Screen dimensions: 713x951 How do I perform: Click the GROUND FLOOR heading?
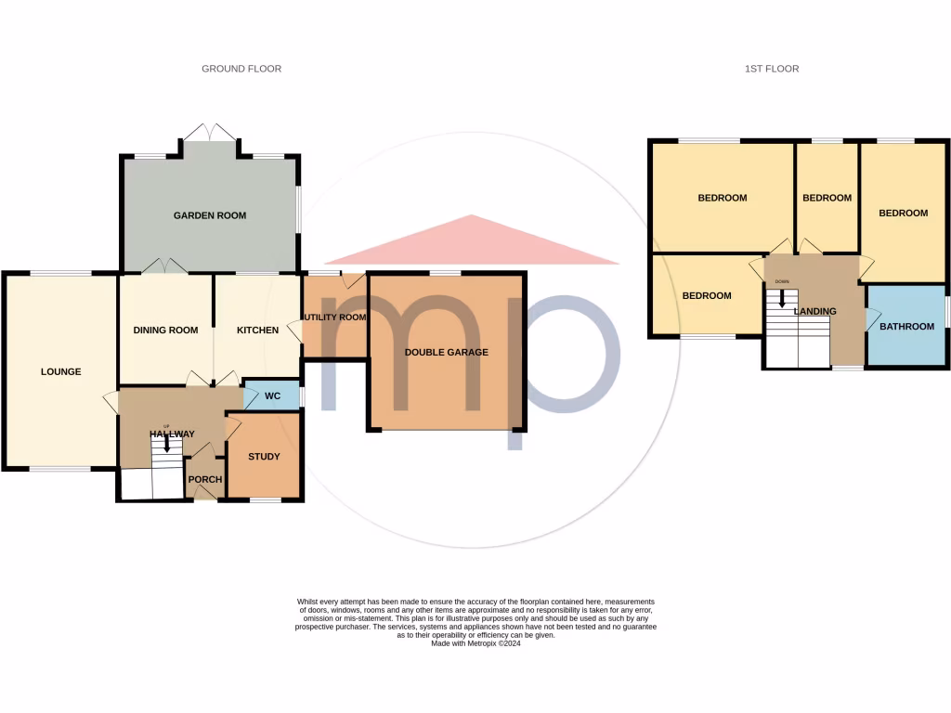241,69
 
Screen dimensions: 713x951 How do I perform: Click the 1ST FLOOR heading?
773,69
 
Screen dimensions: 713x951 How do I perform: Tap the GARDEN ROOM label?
210,215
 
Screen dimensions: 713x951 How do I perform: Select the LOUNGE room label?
61,371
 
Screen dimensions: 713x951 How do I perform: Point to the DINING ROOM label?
166,330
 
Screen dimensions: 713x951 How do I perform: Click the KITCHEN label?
257,330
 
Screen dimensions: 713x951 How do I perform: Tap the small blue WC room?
272,395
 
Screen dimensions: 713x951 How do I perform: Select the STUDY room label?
264,457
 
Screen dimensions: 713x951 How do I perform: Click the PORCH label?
205,480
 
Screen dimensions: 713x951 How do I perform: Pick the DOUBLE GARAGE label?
446,352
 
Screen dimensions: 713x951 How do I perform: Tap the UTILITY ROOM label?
334,318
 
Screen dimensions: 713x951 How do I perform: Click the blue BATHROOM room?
906,326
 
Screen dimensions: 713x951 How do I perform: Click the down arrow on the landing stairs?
782,299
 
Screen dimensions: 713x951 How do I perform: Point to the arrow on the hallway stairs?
167,444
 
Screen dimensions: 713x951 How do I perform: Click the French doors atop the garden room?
211,134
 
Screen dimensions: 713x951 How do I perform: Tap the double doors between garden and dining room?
165,266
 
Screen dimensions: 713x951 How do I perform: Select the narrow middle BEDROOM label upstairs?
827,198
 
